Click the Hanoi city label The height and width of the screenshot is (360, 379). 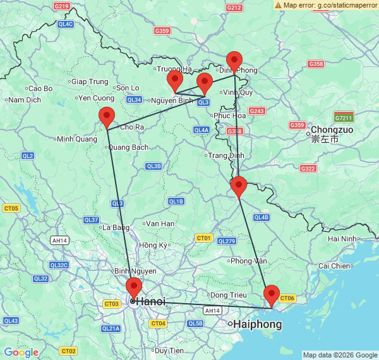(x=150, y=302)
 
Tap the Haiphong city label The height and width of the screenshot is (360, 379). (x=257, y=325)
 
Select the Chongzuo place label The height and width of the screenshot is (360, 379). (x=332, y=129)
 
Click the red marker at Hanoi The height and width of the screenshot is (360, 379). (x=134, y=288)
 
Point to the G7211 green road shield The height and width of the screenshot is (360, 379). (x=344, y=118)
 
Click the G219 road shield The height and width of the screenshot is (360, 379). (x=61, y=6)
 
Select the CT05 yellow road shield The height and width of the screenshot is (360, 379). (x=11, y=208)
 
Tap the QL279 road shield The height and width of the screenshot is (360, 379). (x=226, y=241)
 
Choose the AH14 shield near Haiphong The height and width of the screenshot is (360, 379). (x=212, y=310)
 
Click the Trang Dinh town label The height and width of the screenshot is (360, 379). (x=226, y=155)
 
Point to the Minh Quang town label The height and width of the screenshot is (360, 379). (x=77, y=139)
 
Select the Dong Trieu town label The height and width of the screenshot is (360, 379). (x=229, y=295)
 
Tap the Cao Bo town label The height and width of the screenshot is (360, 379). (x=40, y=88)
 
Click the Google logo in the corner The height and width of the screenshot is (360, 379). (x=21, y=352)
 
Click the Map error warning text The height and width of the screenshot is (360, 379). (x=330, y=5)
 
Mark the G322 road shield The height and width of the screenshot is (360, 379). (x=308, y=169)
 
